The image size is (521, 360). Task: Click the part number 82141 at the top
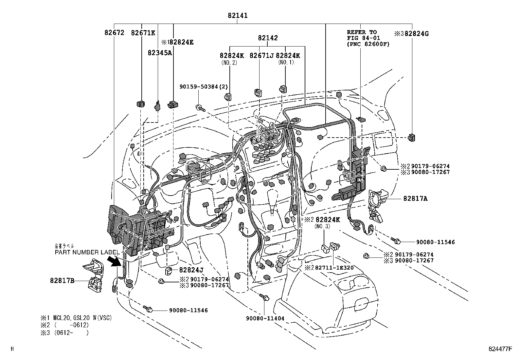238,15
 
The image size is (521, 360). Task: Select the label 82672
115,33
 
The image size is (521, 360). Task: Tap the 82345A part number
160,53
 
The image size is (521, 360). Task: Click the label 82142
268,38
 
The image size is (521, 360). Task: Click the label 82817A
415,199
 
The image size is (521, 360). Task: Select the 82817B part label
62,281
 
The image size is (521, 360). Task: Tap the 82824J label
191,270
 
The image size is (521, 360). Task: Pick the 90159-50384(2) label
204,86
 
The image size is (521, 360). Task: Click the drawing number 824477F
499,349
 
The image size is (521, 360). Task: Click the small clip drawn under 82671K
141,104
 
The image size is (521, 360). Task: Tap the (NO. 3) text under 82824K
323,226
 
